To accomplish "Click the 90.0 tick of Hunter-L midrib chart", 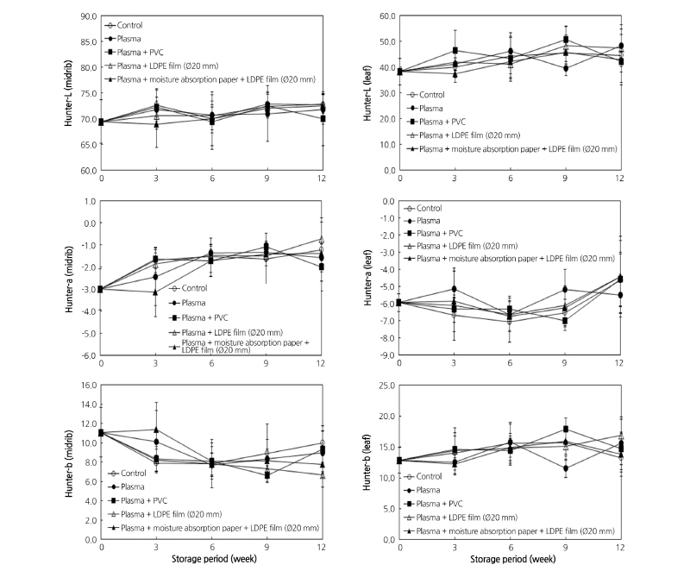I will click(x=86, y=16).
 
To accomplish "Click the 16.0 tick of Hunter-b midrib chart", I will click(x=88, y=384).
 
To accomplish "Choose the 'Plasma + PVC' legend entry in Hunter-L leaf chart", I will click(x=444, y=122).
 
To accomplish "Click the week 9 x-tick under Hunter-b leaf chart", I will click(x=565, y=547).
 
